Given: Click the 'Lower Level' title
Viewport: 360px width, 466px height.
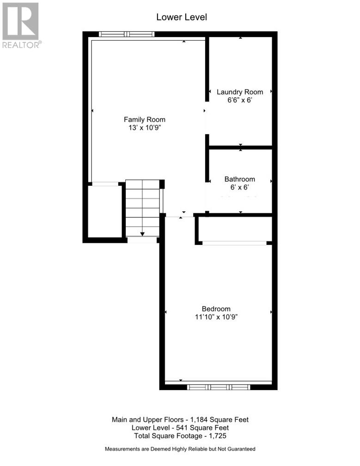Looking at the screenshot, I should (181, 17).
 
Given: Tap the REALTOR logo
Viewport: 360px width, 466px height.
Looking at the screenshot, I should (21, 25).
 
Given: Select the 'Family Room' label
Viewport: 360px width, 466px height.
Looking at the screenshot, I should (144, 120).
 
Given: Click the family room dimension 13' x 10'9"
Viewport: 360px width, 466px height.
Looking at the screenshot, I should (144, 128).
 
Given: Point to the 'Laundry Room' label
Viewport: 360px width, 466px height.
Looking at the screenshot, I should (240, 92).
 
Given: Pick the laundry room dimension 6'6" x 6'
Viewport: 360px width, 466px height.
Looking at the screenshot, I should (240, 100).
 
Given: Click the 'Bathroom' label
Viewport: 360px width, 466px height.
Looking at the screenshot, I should (239, 179).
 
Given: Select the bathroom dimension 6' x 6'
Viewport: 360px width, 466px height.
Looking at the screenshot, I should (239, 188).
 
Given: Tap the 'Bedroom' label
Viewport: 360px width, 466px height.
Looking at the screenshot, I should (216, 309).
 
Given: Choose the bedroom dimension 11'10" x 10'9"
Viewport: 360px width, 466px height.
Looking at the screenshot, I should (216, 317).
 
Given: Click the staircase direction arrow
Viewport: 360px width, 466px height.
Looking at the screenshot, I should (142, 234).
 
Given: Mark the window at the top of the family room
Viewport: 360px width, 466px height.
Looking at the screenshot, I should (126, 34).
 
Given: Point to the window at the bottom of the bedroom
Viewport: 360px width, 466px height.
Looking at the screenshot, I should (218, 387).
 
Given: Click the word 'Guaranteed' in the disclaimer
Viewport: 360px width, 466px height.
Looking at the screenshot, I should (238, 449).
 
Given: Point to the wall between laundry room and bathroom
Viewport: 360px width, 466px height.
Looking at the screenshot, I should (240, 147).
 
